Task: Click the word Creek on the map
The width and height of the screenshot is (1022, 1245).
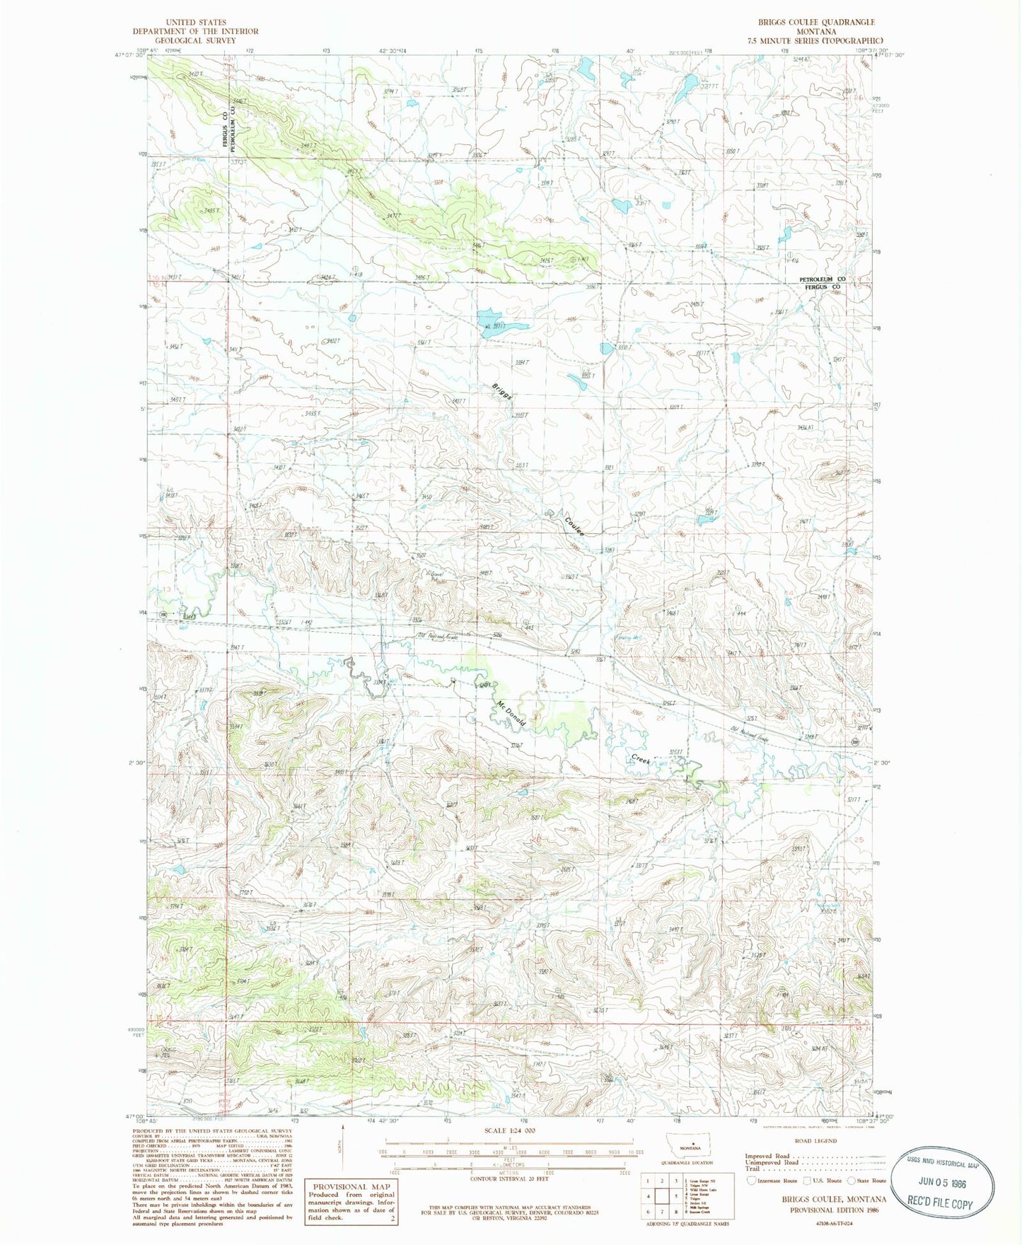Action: (x=640, y=759)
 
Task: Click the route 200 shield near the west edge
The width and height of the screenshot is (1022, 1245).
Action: (x=163, y=614)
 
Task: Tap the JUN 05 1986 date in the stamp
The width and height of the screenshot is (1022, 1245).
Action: (x=942, y=1183)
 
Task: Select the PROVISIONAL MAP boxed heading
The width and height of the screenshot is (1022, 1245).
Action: (x=351, y=1186)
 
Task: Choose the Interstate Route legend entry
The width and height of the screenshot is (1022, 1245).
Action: (x=775, y=1180)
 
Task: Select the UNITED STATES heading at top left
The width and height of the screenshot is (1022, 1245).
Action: (x=195, y=23)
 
